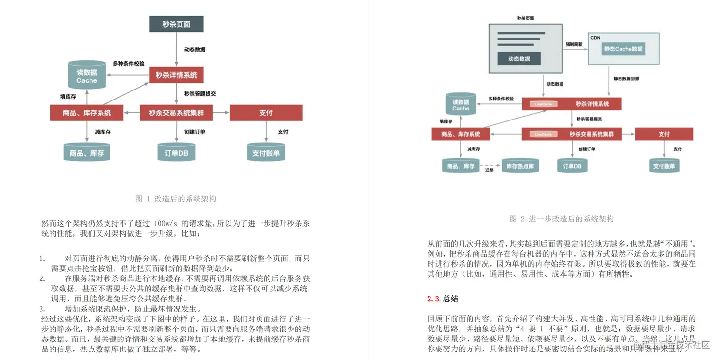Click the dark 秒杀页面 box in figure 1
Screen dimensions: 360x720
(x=176, y=24)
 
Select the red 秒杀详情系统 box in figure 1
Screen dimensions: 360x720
(x=176, y=75)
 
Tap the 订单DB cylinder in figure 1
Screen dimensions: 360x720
(x=176, y=152)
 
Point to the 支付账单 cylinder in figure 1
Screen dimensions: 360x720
(x=266, y=152)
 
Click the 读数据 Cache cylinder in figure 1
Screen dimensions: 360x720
(x=87, y=76)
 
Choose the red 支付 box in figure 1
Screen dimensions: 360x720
(x=266, y=113)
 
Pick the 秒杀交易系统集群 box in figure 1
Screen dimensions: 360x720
(x=176, y=113)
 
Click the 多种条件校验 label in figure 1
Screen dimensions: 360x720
(x=129, y=63)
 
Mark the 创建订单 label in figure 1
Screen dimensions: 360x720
(x=195, y=131)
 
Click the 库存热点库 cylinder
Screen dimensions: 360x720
(x=520, y=166)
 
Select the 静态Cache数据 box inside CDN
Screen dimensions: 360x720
(x=623, y=49)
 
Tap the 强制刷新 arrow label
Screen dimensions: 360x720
(x=574, y=44)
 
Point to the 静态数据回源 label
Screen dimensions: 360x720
(x=626, y=79)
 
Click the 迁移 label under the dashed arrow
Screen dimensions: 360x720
(x=489, y=170)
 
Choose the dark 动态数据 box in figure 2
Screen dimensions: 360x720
(x=519, y=59)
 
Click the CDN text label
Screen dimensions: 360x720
(x=595, y=38)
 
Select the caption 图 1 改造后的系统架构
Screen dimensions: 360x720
(x=176, y=199)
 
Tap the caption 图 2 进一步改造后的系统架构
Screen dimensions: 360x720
(x=561, y=219)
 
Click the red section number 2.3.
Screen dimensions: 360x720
(x=434, y=299)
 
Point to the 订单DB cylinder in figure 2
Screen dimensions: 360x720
(x=572, y=166)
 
